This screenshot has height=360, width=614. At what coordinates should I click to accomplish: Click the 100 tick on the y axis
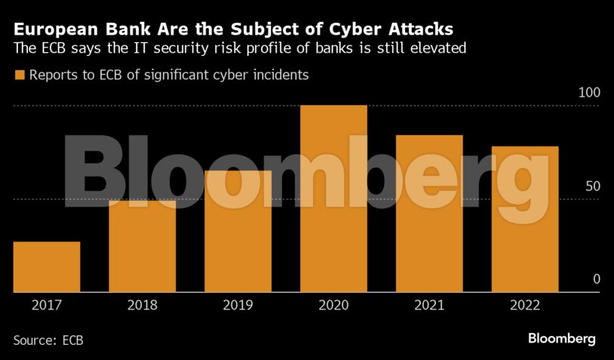click(588, 93)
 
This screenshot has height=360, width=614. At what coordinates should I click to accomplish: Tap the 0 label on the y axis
click(596, 279)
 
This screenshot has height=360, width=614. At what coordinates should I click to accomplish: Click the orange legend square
click(19, 75)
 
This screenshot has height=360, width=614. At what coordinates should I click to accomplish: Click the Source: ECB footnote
click(48, 340)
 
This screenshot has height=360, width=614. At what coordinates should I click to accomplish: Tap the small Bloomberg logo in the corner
click(562, 338)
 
